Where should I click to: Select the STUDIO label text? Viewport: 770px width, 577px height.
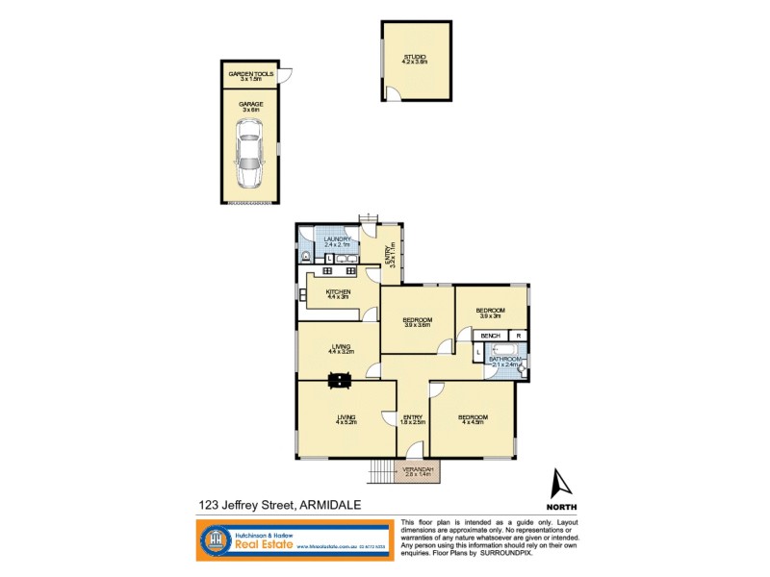coord(416,57)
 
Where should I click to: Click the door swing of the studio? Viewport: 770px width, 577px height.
coord(394,92)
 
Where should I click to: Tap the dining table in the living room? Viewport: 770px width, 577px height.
coord(339,381)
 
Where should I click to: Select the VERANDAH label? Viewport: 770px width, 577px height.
coord(421,468)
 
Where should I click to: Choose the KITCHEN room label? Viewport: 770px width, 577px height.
coord(338,291)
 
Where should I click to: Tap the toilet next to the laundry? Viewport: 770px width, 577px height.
coord(306,257)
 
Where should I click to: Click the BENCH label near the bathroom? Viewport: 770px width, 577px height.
coord(489,335)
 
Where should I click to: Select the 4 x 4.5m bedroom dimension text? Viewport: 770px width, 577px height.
coord(475,423)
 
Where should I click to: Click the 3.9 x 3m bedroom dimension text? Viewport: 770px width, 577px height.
coord(490,315)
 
